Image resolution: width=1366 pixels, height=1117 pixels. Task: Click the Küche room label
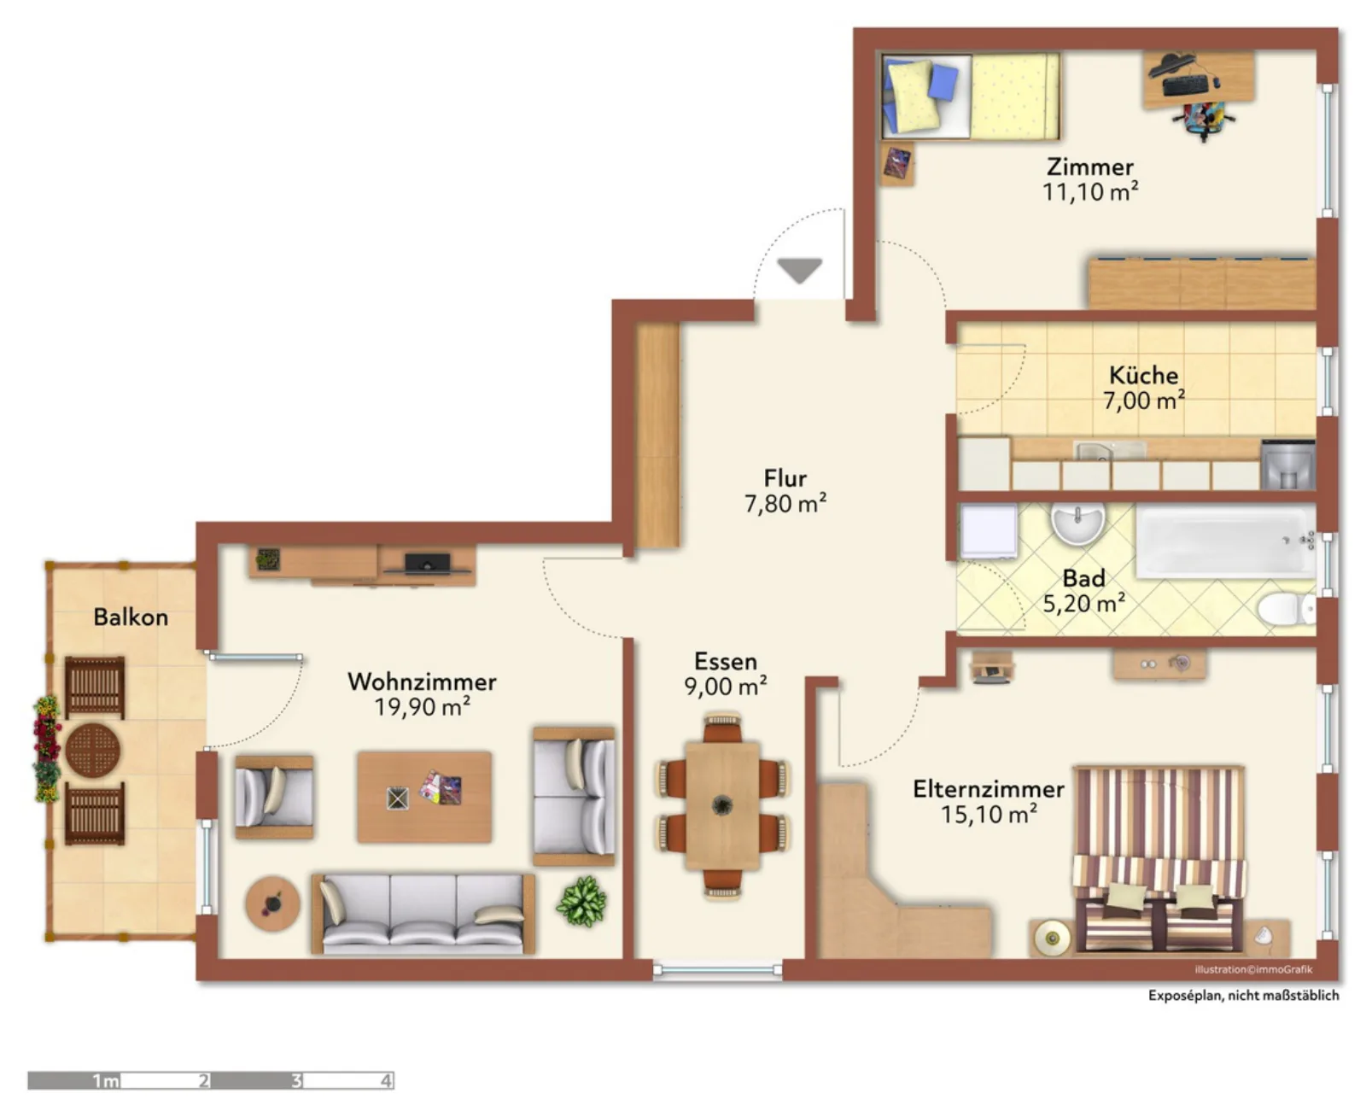(x=1142, y=375)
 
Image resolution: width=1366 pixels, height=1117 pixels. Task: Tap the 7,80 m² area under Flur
(x=785, y=503)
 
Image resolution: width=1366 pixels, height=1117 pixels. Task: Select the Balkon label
(x=130, y=617)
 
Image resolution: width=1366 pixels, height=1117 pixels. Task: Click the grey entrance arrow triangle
(x=799, y=270)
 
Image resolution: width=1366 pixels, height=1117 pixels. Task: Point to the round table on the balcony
(x=92, y=750)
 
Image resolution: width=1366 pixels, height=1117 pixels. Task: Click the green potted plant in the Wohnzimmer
(x=581, y=901)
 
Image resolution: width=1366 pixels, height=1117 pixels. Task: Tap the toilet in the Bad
(x=1286, y=610)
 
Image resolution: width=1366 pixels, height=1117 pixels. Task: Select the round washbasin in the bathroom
(x=1077, y=523)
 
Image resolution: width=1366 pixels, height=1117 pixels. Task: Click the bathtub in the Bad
(x=1225, y=541)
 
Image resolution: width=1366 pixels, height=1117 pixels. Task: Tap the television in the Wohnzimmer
(x=427, y=564)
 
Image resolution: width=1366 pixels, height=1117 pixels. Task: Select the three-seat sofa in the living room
(x=423, y=914)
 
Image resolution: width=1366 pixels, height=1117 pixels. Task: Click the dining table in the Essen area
(x=722, y=805)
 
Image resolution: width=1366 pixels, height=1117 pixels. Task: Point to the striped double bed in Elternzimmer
(x=1158, y=859)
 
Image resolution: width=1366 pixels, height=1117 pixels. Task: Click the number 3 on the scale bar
(x=296, y=1080)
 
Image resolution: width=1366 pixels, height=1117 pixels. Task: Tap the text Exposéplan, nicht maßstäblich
(x=1243, y=995)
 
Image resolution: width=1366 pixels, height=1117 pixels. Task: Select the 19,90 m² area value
(x=422, y=706)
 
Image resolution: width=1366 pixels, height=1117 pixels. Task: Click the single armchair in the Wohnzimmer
(x=274, y=797)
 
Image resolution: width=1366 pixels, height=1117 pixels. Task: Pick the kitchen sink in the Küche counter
(x=1094, y=450)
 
